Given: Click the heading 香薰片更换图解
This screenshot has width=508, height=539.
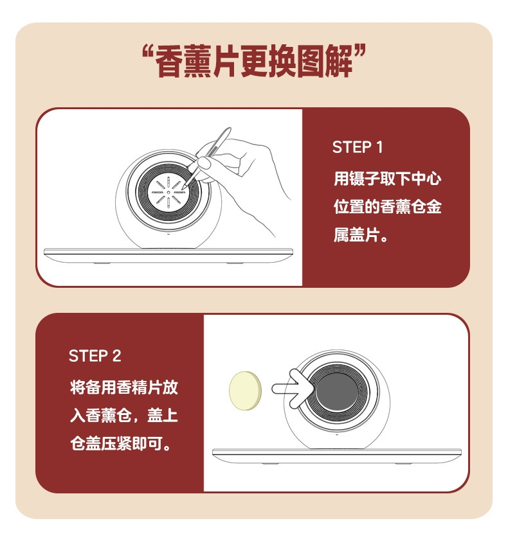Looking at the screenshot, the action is point(254,62).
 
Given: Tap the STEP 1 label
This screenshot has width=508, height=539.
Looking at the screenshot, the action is point(358,148).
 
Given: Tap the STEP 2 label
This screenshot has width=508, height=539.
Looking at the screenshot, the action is point(95,356).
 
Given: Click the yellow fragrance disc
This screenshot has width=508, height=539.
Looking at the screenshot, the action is point(246,391).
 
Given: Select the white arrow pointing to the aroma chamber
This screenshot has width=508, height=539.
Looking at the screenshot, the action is point(293,389).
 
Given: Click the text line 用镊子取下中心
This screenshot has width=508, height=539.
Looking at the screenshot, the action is point(387,179).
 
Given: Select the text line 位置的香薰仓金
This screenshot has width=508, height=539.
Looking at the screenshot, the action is point(387,207).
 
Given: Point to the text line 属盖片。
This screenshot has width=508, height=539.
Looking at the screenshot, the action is point(361,236).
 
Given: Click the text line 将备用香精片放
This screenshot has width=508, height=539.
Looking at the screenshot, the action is point(124,387).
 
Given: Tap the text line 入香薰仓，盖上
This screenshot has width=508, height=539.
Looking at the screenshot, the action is point(124,415).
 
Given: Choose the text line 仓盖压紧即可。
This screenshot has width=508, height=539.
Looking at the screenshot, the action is point(120,444).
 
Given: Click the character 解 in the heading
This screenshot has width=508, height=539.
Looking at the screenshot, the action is point(339,62).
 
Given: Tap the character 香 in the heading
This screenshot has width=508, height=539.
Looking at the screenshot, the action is point(170,62).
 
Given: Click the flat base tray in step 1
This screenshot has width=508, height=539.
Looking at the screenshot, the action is point(168,256).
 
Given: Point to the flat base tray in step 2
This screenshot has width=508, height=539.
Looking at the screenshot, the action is point(336,456).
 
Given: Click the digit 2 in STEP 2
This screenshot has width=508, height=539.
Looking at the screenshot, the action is point(116,356).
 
